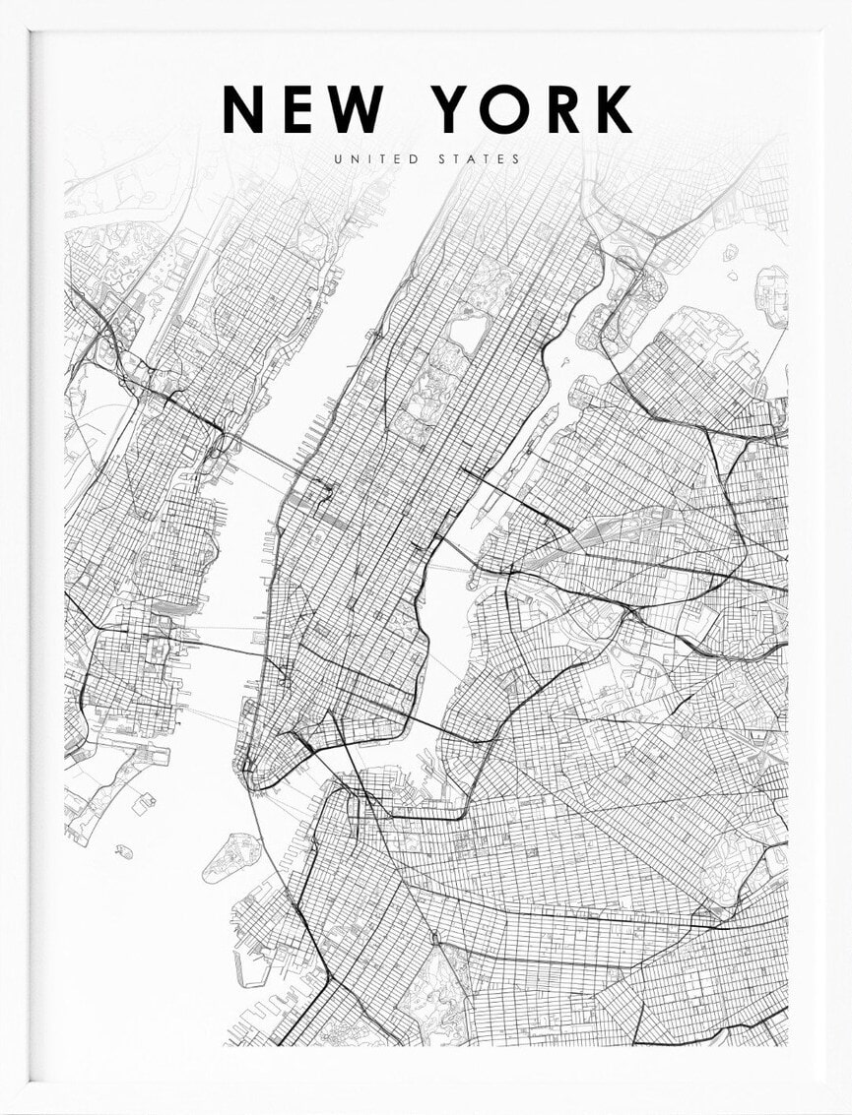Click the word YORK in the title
534,109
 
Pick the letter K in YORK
614,109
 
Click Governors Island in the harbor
230,857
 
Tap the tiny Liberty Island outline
124,849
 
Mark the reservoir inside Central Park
466,336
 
